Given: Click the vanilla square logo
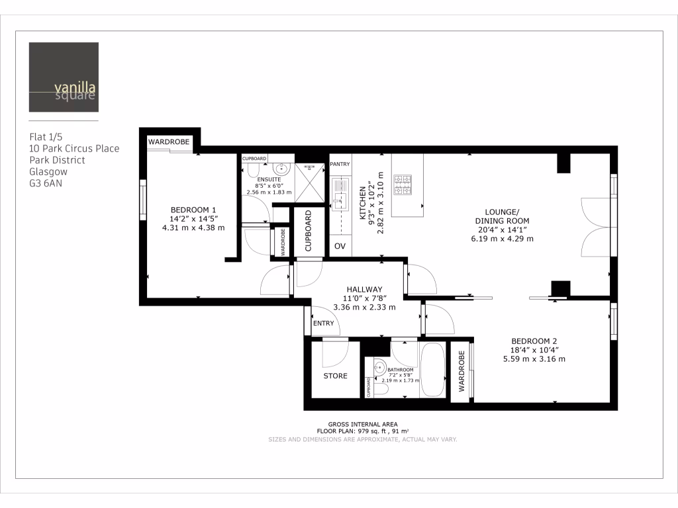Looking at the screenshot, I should [64, 77].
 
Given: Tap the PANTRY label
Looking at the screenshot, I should [340, 164].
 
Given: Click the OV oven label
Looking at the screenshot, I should [340, 246].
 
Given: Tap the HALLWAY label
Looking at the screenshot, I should [365, 289].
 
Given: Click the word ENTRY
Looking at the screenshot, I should [324, 323].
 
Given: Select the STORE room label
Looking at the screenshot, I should [335, 376].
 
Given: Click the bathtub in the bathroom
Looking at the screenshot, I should [434, 370].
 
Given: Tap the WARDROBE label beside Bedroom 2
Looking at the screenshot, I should [461, 372].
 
